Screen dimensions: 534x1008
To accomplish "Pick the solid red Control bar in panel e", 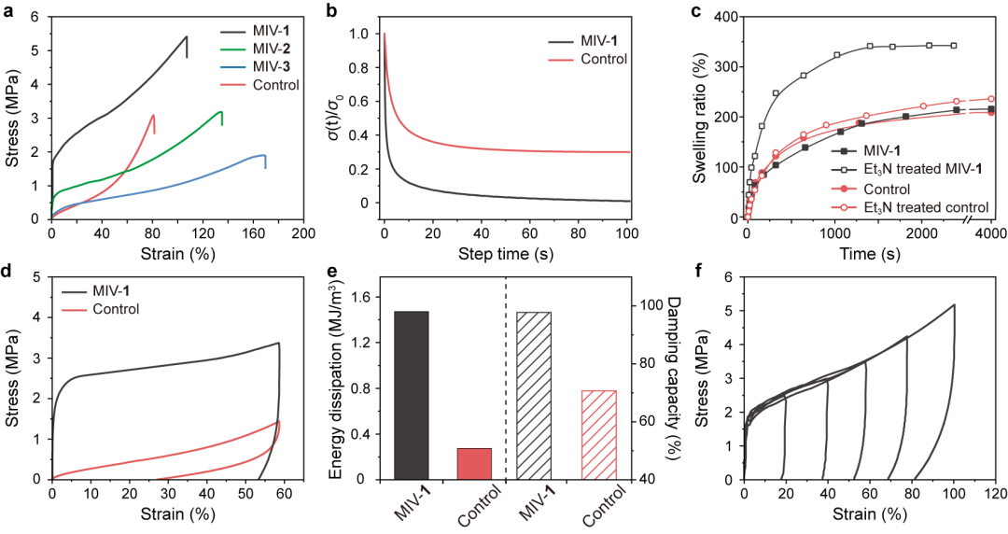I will (473, 463).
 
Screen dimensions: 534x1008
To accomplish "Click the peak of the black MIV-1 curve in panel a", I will (187, 37).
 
